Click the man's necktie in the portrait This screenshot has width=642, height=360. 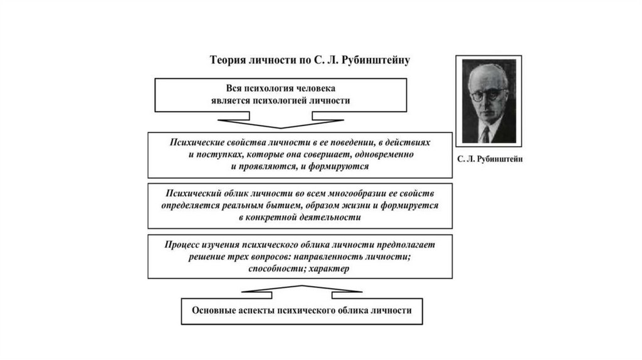[485, 134]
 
